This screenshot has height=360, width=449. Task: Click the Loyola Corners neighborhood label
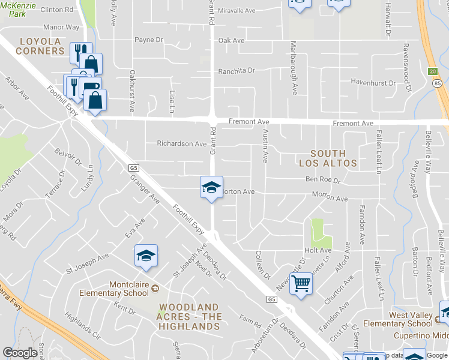point(41,46)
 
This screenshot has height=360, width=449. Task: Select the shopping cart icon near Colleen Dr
point(301,283)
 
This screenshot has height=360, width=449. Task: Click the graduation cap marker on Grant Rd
point(211,188)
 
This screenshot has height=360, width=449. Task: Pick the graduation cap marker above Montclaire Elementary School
point(146,256)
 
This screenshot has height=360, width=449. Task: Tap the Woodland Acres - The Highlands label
point(190,317)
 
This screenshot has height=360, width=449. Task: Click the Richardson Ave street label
point(181,144)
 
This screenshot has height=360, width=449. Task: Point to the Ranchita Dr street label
point(237,71)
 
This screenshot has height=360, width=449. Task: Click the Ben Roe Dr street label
point(323,179)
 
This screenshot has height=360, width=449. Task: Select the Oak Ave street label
point(232,40)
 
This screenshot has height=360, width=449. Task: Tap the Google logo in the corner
point(20,353)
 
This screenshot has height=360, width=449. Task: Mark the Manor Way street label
point(62,28)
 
